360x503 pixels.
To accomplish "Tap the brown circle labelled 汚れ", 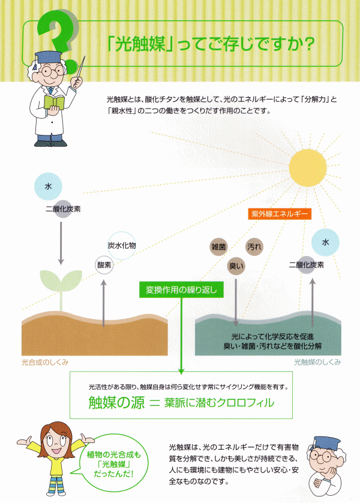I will point(254,246).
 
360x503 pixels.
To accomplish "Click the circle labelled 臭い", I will point(236,264).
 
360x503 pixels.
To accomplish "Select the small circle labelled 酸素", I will point(104,264).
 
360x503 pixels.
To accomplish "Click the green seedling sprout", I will point(60,285).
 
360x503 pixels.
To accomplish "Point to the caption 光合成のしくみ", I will point(44,362).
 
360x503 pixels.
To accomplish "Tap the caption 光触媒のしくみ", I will point(317,362).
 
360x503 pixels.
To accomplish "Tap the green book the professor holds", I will point(54,100).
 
